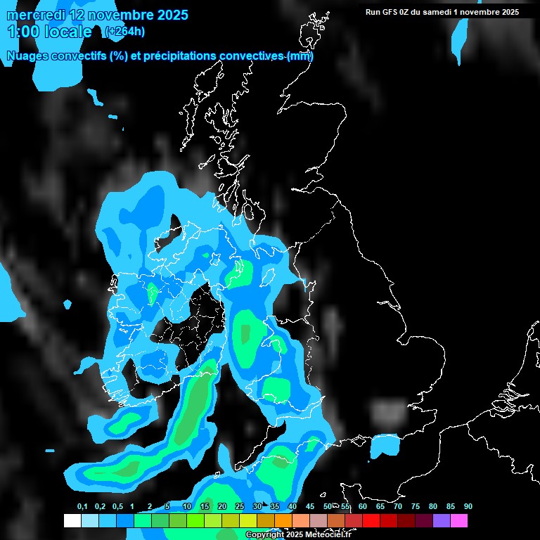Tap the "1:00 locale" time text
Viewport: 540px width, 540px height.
point(49,32)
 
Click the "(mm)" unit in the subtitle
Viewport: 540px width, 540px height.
point(300,56)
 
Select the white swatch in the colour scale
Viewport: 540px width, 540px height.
point(72,521)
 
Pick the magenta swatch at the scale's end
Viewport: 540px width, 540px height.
point(459,521)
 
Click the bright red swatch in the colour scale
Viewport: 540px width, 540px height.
point(371,521)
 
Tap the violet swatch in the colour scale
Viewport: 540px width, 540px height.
point(442,521)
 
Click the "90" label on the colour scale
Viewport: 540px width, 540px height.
point(468,506)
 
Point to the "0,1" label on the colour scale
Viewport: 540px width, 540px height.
point(82,506)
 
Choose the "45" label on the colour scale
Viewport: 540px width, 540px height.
point(310,506)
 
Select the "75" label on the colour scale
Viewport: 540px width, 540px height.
point(415,506)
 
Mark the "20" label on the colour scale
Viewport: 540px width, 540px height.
point(222,506)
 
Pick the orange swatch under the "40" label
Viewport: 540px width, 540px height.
point(283,521)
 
